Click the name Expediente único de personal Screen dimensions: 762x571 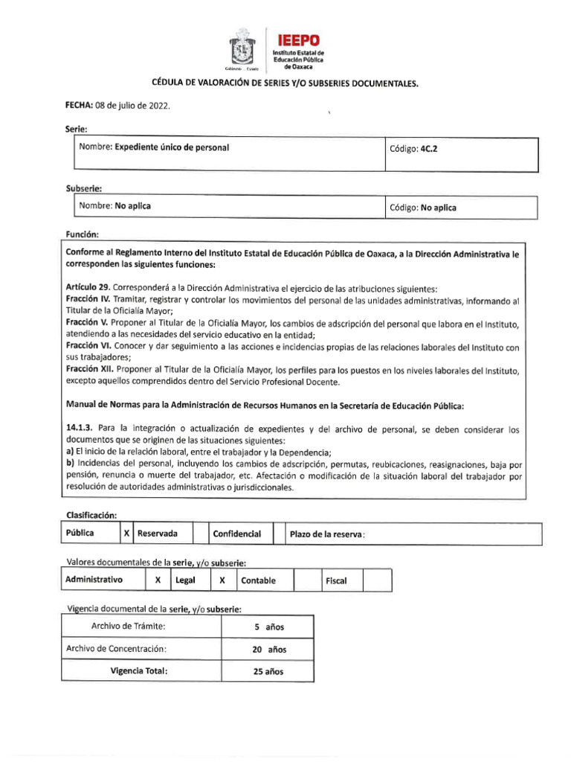171,147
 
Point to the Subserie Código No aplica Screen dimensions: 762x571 439,208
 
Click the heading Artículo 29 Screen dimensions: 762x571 86,289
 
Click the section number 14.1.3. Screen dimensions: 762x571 80,430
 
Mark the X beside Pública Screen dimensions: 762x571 127,534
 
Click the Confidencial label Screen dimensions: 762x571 236,534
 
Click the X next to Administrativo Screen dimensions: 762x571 157,580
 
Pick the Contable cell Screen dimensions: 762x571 258,580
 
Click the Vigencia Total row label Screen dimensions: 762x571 138,670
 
